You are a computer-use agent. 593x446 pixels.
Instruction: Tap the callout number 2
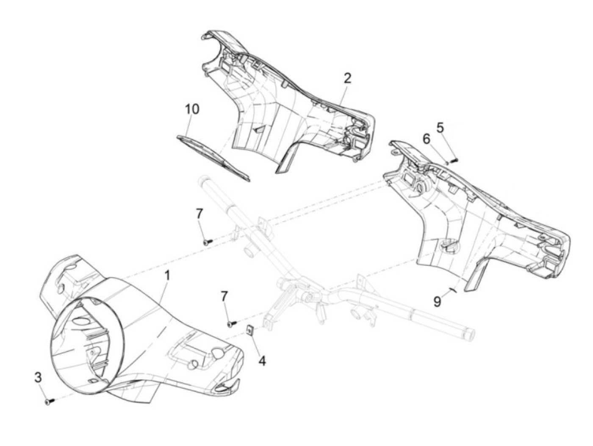[x=347, y=78]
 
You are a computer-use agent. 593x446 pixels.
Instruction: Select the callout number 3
[x=38, y=377]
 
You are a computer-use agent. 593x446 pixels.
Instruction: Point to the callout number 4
[x=262, y=361]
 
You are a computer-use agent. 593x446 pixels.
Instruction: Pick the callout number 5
[x=441, y=127]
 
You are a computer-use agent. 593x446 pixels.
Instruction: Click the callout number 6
[x=426, y=138]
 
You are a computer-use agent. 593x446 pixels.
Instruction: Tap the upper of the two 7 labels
[x=200, y=214]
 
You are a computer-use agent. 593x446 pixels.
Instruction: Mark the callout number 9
[x=437, y=301]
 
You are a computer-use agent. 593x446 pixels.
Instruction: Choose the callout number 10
[x=191, y=109]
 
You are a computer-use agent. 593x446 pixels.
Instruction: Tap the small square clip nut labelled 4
[x=250, y=329]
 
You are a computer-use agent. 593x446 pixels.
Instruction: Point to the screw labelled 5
[x=454, y=160]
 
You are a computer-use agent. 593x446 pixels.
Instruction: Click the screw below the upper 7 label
[x=207, y=242]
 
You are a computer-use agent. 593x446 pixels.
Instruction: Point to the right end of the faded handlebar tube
[x=470, y=333]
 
